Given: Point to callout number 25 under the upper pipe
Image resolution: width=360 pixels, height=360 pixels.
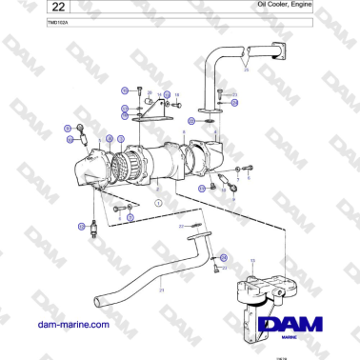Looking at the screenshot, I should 246,70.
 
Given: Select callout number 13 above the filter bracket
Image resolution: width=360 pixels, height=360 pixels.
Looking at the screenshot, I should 251,259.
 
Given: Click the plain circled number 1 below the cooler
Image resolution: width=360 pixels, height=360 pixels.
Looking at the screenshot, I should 159,204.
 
